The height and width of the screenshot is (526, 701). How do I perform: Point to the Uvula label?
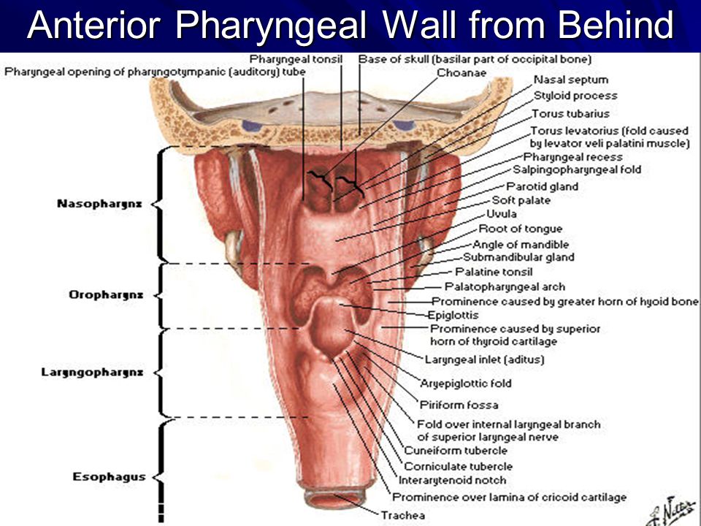(x=502, y=215)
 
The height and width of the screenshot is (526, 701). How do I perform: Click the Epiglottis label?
(x=453, y=316)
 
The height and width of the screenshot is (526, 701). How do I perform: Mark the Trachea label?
(x=403, y=515)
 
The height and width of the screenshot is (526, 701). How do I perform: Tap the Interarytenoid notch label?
(x=452, y=481)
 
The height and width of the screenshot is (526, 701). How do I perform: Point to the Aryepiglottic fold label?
(x=465, y=383)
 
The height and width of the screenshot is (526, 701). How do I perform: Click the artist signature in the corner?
(x=664, y=508)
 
